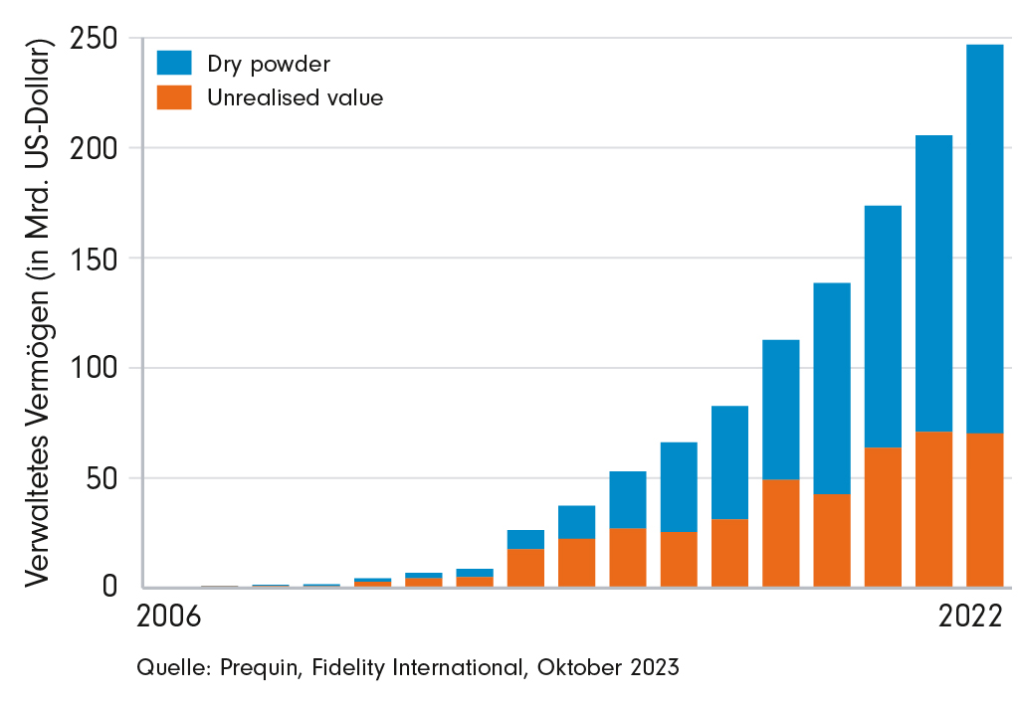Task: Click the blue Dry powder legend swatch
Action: coord(174,63)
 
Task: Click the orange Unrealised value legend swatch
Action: coord(174,97)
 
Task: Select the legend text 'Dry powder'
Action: coord(268,65)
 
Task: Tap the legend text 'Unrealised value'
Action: coord(295,97)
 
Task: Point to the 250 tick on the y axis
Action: coord(95,39)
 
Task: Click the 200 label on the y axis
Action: coord(95,148)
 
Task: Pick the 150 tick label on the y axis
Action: coord(95,259)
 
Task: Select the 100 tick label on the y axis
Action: coord(95,368)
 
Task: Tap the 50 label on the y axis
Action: coord(102,478)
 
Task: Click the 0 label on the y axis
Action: coord(109,587)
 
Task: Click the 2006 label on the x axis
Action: coord(169,617)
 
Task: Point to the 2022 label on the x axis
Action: coord(970,617)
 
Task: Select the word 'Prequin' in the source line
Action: coord(261,667)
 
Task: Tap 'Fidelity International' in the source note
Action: coord(418,667)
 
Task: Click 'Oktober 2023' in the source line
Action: coord(608,667)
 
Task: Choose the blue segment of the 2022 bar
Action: coord(985,239)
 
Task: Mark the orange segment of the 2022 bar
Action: coord(985,510)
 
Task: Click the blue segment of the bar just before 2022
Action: coord(933,283)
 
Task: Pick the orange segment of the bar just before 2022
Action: coord(933,509)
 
